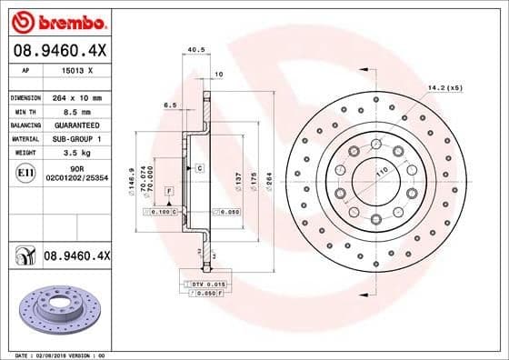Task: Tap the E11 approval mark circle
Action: (25, 171)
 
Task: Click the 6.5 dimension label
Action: (170, 105)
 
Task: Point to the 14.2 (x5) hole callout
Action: (445, 87)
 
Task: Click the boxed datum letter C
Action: (197, 169)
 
